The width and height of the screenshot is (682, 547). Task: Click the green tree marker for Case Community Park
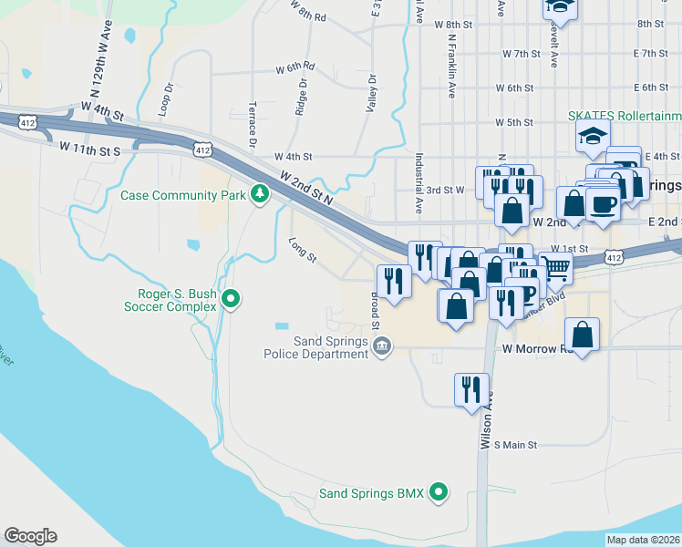point(261,194)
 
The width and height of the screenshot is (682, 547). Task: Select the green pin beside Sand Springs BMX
point(439,493)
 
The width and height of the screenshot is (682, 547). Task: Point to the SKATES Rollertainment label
point(625,116)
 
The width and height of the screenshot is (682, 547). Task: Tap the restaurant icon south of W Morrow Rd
point(471,390)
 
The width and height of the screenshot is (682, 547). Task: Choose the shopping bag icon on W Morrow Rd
point(583,335)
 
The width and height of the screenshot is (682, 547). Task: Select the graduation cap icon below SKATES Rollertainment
point(593,137)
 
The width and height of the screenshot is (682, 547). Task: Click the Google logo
point(30,536)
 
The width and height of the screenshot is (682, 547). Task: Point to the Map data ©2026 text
point(643,540)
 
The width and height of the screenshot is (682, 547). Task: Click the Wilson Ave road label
point(486,420)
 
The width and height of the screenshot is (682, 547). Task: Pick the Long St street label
point(302,251)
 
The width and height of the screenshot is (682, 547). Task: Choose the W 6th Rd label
point(295,68)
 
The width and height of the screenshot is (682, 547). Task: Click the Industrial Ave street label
point(418,182)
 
